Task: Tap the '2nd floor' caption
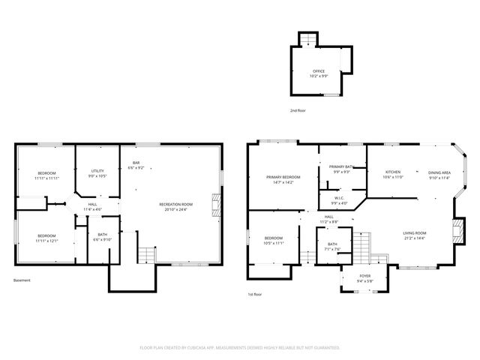(x=298, y=110)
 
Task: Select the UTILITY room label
(x=97, y=173)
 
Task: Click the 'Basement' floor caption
(x=22, y=280)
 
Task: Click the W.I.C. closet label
(x=339, y=200)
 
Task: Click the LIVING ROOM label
(x=414, y=235)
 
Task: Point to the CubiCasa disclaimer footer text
(x=240, y=347)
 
